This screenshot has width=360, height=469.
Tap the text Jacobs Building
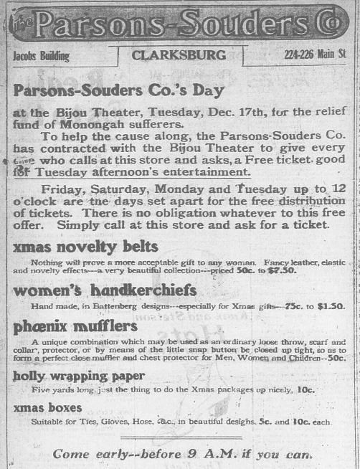point(42,56)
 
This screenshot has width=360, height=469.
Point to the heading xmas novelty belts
point(85,247)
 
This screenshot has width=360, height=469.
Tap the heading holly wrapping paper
point(79,375)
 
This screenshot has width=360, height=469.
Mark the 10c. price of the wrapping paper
point(305,390)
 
